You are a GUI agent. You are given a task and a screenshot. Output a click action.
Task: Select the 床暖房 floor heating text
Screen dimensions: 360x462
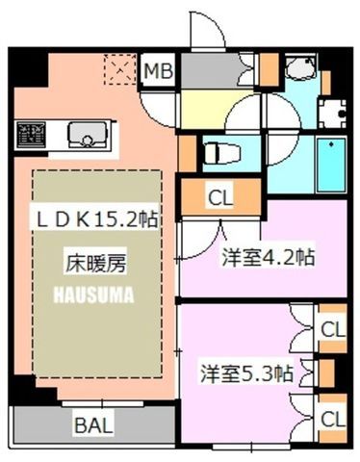(95, 264)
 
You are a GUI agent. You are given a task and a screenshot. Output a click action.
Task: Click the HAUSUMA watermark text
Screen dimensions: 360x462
(93, 295)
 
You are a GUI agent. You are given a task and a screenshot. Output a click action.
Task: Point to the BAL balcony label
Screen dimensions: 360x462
(93, 425)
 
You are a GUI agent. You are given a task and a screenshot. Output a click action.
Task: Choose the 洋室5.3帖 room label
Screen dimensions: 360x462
(246, 373)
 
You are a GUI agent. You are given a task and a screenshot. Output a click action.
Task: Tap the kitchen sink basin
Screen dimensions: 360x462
(87, 135)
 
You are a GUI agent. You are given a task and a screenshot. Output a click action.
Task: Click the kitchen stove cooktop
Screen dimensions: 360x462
(31, 135)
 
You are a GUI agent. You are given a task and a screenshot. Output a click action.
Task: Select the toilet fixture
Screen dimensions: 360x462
(222, 153)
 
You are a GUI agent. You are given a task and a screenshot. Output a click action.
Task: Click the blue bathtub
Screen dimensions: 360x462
(331, 165)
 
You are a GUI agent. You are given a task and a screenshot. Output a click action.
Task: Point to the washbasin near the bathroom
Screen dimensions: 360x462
(301, 67)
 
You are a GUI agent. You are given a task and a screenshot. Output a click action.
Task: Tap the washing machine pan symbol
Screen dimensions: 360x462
(332, 114)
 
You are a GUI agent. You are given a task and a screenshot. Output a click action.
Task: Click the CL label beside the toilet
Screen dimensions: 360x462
(220, 198)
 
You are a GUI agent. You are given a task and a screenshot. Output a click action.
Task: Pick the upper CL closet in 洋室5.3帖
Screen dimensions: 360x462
(333, 329)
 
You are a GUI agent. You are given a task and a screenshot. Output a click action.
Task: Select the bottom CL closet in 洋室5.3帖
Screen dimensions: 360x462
(333, 419)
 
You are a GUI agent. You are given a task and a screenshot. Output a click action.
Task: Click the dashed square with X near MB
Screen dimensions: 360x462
(120, 69)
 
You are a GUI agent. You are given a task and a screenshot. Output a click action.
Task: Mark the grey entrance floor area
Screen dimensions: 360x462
(210, 70)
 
